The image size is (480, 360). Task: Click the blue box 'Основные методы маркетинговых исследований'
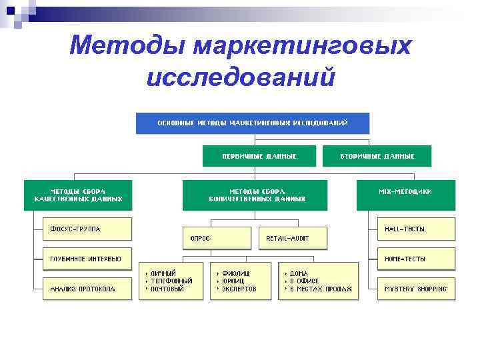[253, 123]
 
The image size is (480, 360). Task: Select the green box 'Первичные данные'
[259, 156]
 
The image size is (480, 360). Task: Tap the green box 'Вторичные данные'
[377, 156]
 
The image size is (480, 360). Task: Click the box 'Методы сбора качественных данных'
[78, 195]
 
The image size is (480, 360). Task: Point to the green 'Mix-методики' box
[405, 191]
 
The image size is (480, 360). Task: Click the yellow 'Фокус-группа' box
[87, 229]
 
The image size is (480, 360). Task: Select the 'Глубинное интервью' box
[87, 259]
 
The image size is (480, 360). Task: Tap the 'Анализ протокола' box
[87, 289]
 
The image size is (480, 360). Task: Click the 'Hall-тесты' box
[415, 229]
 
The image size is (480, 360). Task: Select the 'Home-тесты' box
[415, 259]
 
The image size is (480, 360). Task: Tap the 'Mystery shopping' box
[415, 289]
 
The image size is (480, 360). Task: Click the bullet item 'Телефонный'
[171, 281]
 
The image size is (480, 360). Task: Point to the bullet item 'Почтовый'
[167, 289]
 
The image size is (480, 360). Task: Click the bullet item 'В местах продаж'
[321, 289]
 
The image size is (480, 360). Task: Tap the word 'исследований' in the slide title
[240, 77]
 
